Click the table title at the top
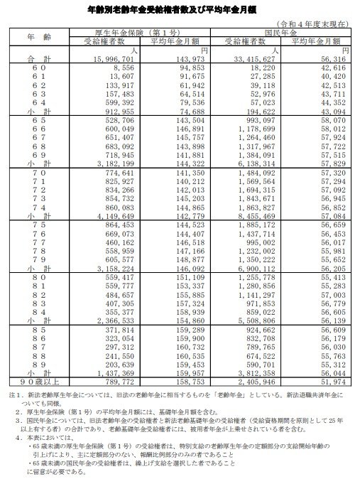tap(180, 11)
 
